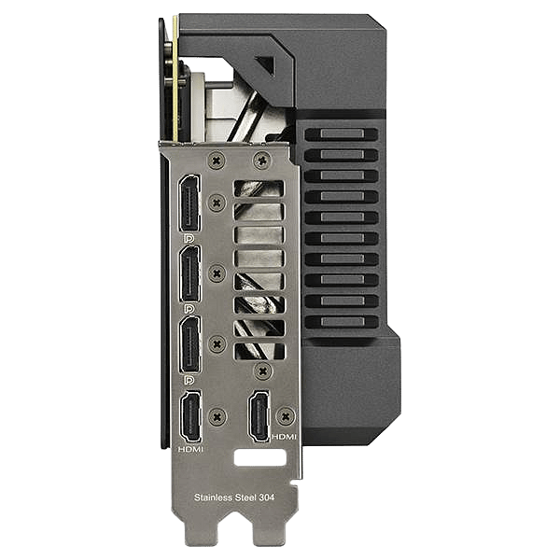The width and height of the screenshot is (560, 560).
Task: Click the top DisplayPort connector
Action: [189, 203]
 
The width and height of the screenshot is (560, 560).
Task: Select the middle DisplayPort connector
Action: [189, 273]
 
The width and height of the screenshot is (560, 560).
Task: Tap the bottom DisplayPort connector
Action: [189, 344]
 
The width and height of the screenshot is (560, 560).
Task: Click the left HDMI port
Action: [191, 416]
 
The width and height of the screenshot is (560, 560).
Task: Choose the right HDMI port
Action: [259, 416]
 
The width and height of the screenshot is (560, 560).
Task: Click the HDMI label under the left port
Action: [190, 449]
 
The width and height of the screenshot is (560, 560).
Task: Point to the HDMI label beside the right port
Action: [285, 437]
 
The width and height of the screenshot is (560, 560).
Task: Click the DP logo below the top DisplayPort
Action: [189, 238]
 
